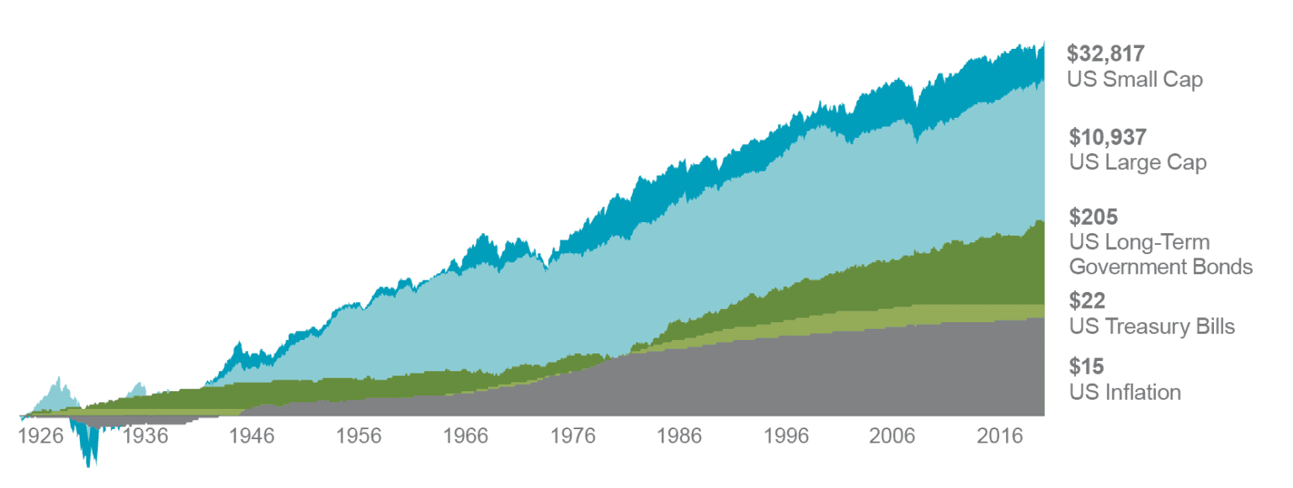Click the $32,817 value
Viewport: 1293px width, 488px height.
(x=1105, y=54)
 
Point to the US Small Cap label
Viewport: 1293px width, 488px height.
(x=1135, y=80)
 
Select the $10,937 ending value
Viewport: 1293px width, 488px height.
(x=1108, y=136)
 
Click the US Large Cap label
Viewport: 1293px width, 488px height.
(x=1137, y=162)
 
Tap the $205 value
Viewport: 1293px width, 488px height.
(x=1093, y=217)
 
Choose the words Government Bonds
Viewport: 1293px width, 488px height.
(x=1161, y=268)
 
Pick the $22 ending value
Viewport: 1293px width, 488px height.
(x=1087, y=300)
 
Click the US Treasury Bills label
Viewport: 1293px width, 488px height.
(x=1152, y=326)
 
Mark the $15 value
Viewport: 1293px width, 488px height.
(x=1086, y=366)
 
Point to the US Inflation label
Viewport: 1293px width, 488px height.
(x=1125, y=392)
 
